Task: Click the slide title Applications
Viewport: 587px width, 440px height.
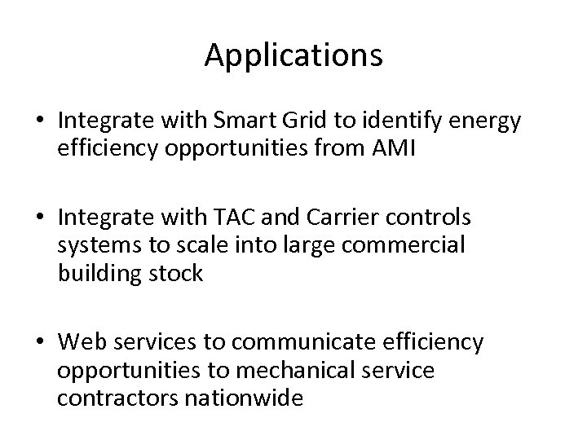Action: tap(293, 55)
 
